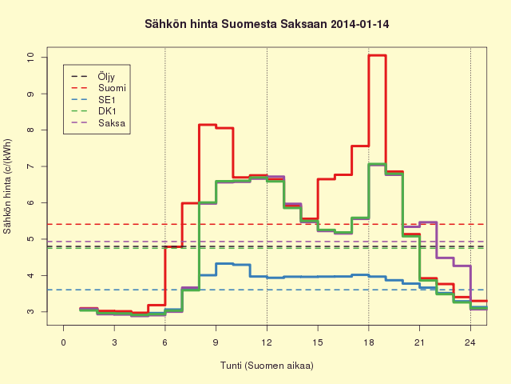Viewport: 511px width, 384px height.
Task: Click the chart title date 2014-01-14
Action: tap(360, 24)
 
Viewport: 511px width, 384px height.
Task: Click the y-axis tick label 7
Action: tap(30, 166)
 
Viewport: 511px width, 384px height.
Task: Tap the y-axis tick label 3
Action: tap(30, 311)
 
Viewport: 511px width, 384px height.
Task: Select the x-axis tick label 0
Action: tap(64, 342)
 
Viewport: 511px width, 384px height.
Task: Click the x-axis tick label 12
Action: tap(267, 342)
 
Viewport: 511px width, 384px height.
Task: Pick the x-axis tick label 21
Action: tap(419, 342)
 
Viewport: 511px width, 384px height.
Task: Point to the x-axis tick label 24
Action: tap(470, 342)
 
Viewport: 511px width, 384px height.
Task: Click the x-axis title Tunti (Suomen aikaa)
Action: tap(267, 365)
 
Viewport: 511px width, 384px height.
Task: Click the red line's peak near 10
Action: tap(377, 55)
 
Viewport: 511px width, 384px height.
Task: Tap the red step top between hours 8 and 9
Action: tap(208, 125)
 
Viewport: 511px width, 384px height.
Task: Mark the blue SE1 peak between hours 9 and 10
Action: tap(224, 263)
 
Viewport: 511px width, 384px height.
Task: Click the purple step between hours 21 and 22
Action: tap(428, 222)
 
